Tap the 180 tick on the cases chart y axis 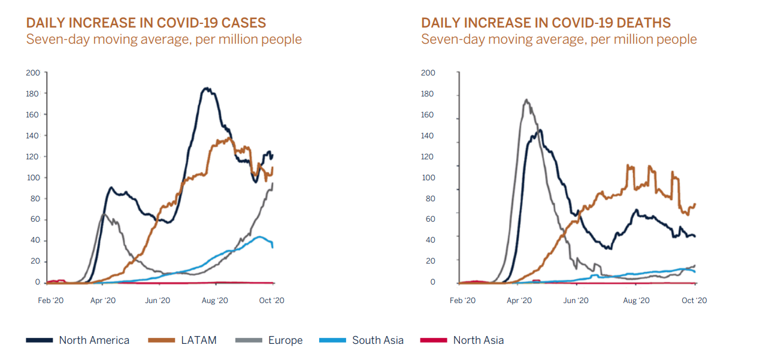(33, 93)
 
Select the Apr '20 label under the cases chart (102, 301)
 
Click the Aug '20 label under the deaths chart (636, 301)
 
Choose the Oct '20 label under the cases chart (272, 301)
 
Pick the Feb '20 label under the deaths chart (462, 301)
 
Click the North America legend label (94, 340)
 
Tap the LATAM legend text (198, 340)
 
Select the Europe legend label (285, 340)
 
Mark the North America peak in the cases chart (207, 89)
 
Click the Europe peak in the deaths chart (526, 100)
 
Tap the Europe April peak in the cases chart (104, 213)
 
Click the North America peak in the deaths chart (540, 130)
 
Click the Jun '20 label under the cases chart (159, 301)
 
